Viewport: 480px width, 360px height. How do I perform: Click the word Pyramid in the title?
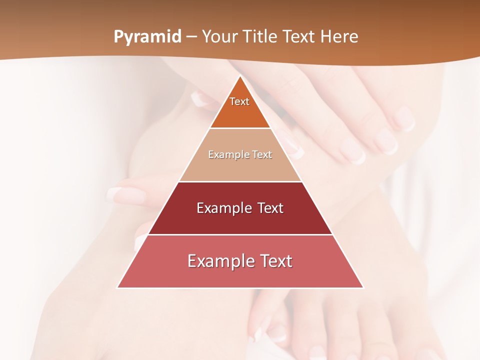[x=147, y=37]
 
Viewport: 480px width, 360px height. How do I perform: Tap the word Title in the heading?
[x=260, y=36]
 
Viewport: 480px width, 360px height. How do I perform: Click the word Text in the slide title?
[x=299, y=36]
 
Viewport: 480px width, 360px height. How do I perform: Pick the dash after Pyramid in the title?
[x=191, y=37]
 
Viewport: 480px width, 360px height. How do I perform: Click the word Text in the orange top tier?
[x=239, y=101]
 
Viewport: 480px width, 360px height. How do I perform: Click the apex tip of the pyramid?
[x=240, y=76]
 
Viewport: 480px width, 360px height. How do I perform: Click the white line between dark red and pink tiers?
[x=240, y=234]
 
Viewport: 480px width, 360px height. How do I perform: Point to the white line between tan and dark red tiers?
[x=240, y=181]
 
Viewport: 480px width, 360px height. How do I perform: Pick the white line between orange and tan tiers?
[x=240, y=128]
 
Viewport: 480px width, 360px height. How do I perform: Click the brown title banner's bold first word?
[x=147, y=37]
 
